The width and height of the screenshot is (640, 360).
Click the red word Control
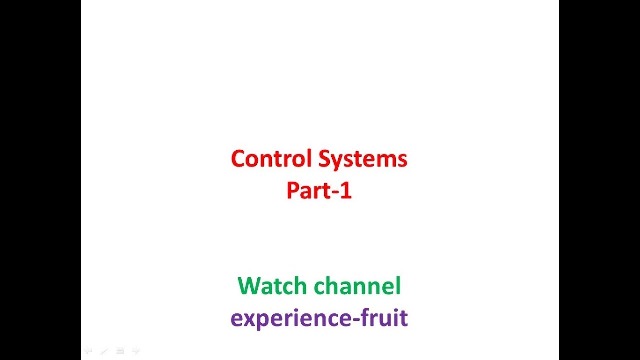pyautogui.click(x=272, y=159)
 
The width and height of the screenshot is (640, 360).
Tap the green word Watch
pyautogui.click(x=272, y=286)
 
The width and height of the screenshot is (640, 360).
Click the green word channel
pyautogui.click(x=357, y=286)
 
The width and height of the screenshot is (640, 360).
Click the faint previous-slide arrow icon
pyautogui.click(x=88, y=350)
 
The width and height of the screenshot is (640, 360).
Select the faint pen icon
pyautogui.click(x=104, y=351)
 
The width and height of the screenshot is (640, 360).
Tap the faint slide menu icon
pyautogui.click(x=120, y=351)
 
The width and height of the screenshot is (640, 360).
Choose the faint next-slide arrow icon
pyautogui.click(x=135, y=350)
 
